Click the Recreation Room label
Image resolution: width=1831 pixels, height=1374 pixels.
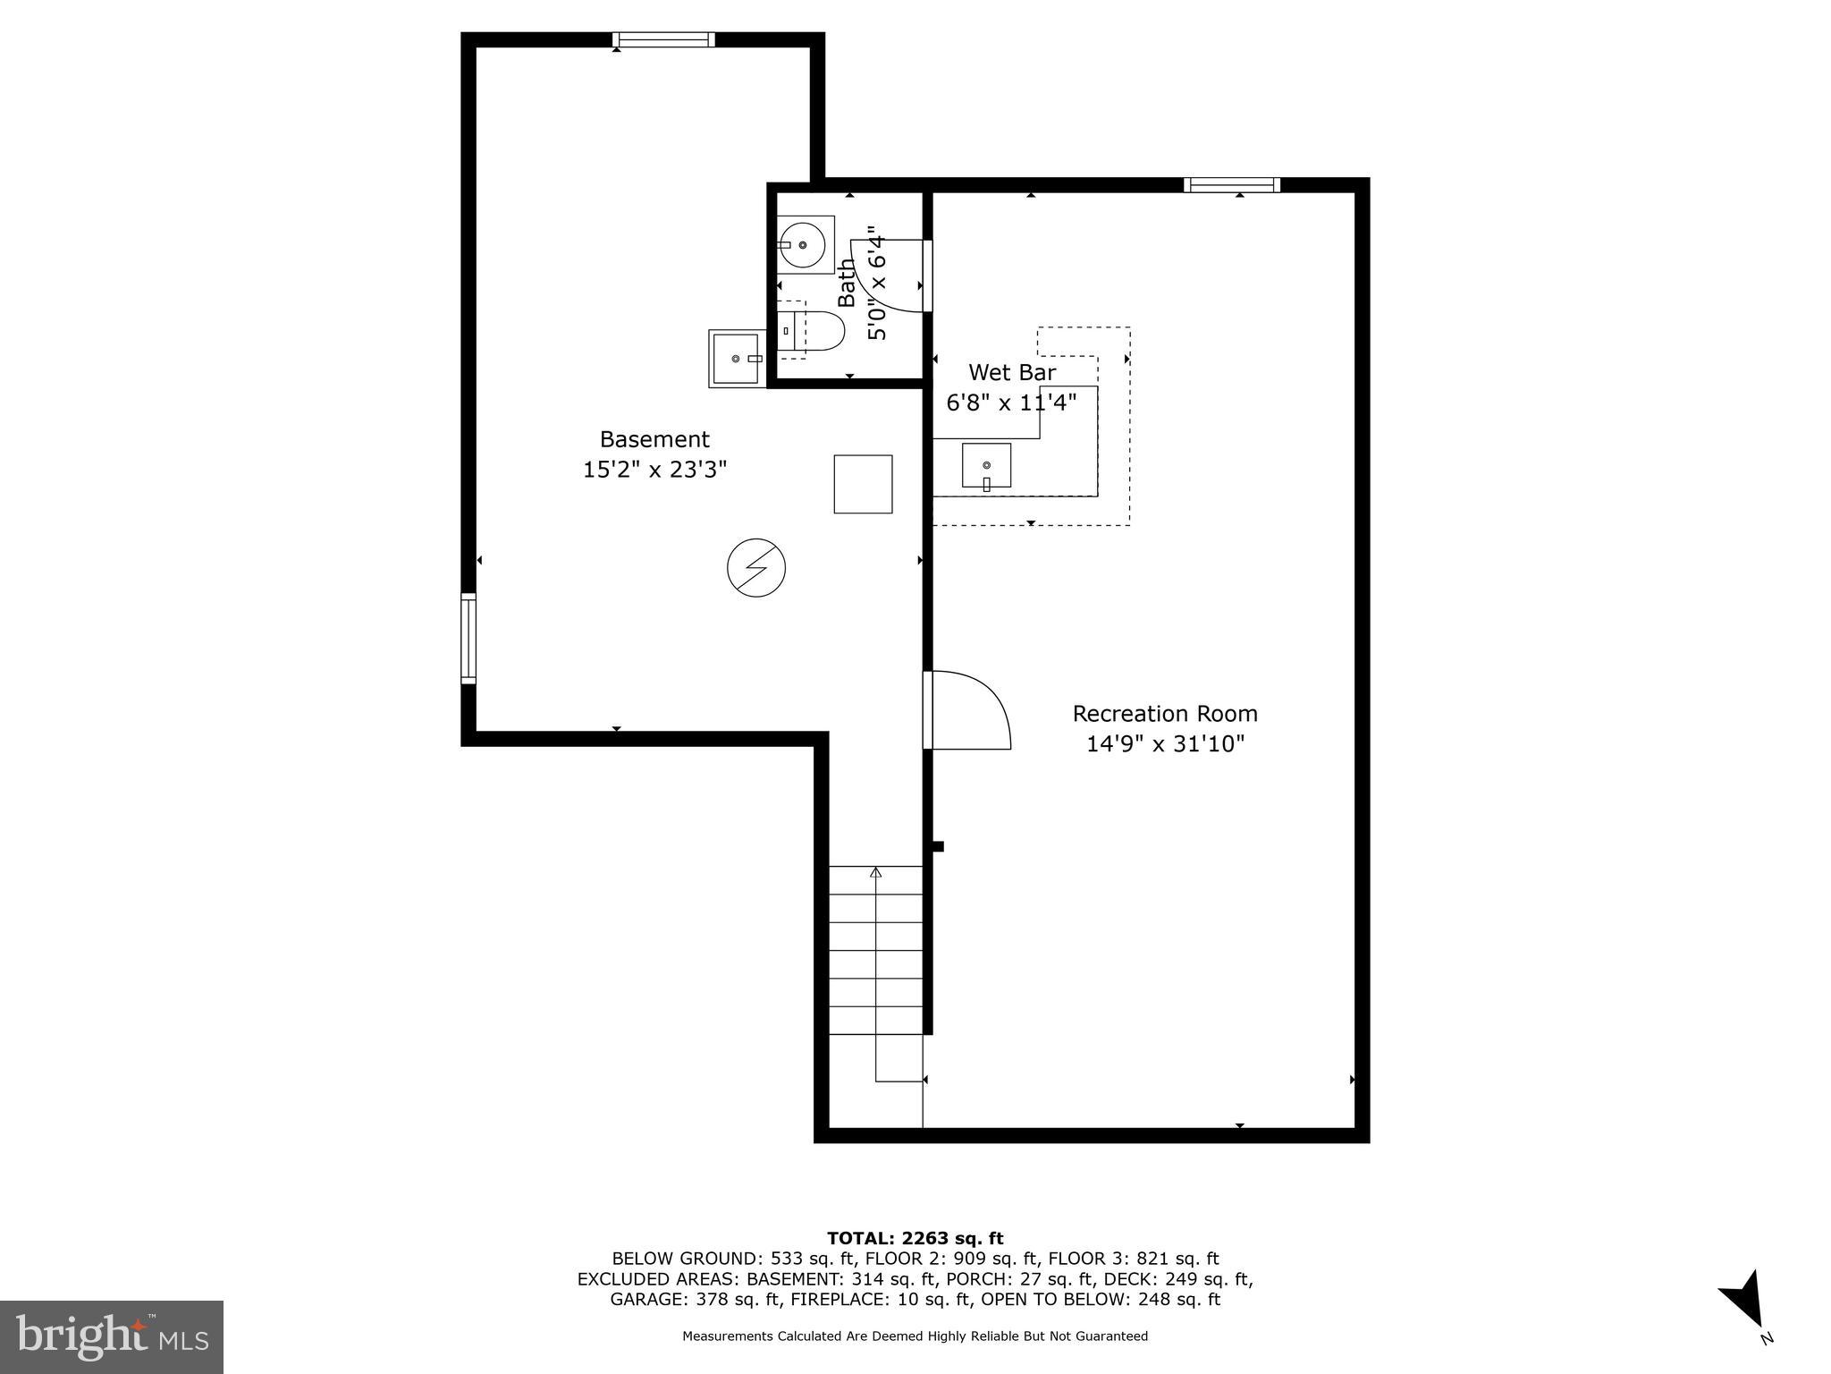coord(1164,714)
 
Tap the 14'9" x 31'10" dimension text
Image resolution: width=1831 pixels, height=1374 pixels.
coord(1164,744)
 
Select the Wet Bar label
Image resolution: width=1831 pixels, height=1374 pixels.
coord(1012,372)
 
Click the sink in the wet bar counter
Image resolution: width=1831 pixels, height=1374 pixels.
coord(986,465)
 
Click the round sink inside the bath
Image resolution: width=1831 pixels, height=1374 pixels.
coord(803,244)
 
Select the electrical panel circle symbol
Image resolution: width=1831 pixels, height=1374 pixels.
coord(756,568)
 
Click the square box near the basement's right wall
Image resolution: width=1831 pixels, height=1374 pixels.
coord(863,484)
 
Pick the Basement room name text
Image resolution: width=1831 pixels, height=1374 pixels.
coord(654,439)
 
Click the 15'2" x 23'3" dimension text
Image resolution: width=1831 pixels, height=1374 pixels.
coord(654,470)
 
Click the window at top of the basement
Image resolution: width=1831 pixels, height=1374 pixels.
coord(663,39)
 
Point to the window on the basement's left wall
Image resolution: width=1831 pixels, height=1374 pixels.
coord(468,638)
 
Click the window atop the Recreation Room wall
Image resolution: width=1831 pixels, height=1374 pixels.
coord(1231,185)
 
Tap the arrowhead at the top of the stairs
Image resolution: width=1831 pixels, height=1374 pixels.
coord(876,872)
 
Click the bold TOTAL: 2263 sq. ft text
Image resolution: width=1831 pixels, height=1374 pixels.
coord(915,1238)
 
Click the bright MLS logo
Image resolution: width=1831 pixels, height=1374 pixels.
coord(112,1336)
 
